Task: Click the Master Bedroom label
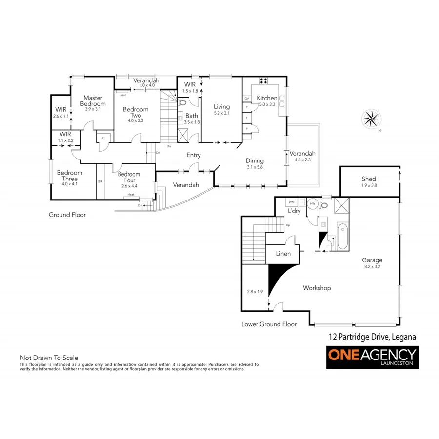click(x=93, y=100)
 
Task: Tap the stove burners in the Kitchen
click(x=263, y=81)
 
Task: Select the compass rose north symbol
click(x=372, y=119)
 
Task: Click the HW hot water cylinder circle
click(x=313, y=204)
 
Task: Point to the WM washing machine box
click(x=292, y=201)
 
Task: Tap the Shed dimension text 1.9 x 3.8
click(x=369, y=185)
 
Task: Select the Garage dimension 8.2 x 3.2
click(x=372, y=266)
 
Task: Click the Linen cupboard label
click(x=283, y=254)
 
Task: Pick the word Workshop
click(x=317, y=288)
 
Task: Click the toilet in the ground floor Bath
click(x=183, y=103)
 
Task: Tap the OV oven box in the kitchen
click(x=247, y=99)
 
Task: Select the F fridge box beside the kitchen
click(x=247, y=118)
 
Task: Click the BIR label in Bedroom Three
click(x=100, y=181)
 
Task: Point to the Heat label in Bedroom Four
click(x=130, y=195)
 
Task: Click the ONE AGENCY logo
click(x=372, y=358)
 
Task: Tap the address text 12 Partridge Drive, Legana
click(x=371, y=337)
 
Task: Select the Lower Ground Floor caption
click(x=269, y=324)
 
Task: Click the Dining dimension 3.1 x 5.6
click(x=255, y=167)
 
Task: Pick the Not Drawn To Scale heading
click(x=49, y=358)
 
